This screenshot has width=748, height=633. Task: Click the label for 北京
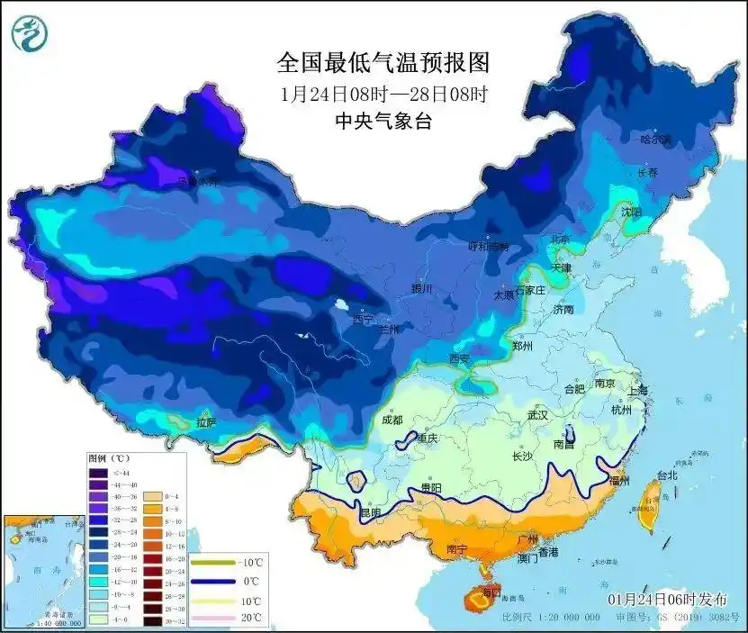(x=561, y=240)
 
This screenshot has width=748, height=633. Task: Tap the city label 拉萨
(x=206, y=422)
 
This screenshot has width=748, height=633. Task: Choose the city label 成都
(x=392, y=419)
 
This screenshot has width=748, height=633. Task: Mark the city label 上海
(x=637, y=391)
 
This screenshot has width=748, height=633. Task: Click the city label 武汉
(x=538, y=416)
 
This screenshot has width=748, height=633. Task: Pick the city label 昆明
(x=371, y=512)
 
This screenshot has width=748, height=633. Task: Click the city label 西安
(x=460, y=359)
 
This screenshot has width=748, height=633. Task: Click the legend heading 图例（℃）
(x=109, y=458)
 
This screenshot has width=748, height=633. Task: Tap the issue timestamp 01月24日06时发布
(x=664, y=600)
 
